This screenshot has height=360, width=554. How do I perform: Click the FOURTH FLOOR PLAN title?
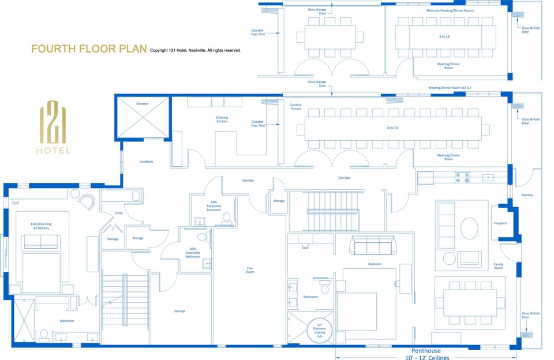click(x=89, y=49)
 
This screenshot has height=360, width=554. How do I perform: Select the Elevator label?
click(x=142, y=104)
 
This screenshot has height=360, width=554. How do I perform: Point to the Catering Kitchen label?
click(x=222, y=119)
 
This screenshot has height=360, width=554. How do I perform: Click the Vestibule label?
click(x=146, y=162)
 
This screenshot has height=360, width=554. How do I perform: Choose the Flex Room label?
click(x=249, y=270)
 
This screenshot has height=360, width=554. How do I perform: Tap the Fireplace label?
click(x=500, y=223)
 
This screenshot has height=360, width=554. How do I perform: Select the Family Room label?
click(x=498, y=266)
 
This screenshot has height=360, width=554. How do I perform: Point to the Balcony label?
click(x=527, y=195)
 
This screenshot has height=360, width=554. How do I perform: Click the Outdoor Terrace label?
click(x=295, y=106)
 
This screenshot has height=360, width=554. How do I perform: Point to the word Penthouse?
click(x=426, y=350)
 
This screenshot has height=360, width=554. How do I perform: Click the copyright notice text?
click(x=195, y=51)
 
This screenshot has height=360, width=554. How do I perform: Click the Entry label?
click(x=119, y=213)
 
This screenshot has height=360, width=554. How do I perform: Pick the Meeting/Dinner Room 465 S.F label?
click(x=448, y=88)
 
